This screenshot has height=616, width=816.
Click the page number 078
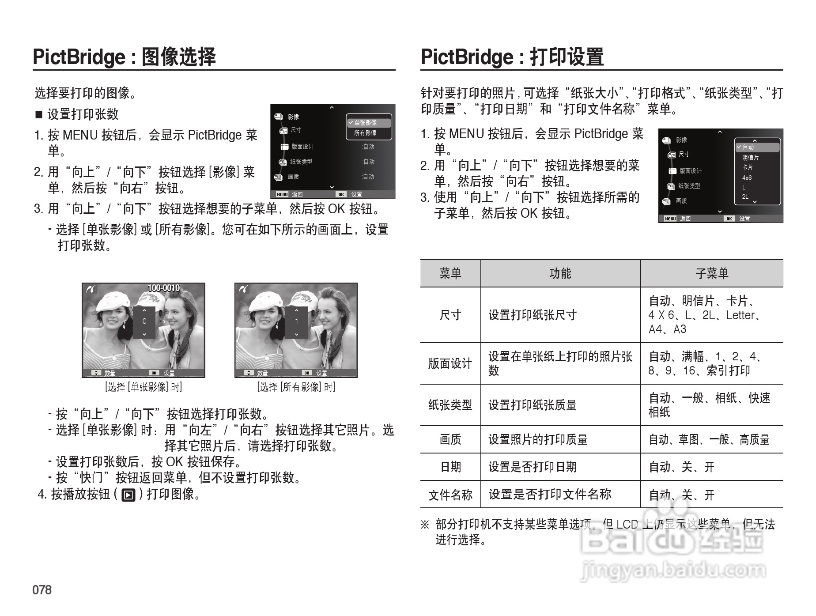(x=42, y=590)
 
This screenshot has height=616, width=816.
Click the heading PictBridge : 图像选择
(x=124, y=57)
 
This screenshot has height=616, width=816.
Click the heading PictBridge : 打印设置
(x=512, y=57)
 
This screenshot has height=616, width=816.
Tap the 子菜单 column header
(x=711, y=273)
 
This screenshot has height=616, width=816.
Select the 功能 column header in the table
(x=560, y=273)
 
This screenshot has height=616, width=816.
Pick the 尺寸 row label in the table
(x=450, y=315)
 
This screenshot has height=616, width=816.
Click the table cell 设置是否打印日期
(x=532, y=467)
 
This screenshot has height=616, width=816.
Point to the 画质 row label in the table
(x=450, y=439)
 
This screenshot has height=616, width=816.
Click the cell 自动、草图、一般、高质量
(x=709, y=439)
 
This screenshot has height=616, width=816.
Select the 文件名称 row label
(x=450, y=495)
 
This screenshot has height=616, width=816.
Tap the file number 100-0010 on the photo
(x=163, y=288)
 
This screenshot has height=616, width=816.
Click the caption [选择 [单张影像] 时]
(x=144, y=387)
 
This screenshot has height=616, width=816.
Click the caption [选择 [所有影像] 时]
(x=296, y=387)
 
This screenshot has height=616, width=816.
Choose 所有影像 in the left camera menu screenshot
(x=365, y=133)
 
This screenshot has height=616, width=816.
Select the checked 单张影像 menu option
(x=365, y=123)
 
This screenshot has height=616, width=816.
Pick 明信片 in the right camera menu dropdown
(x=750, y=158)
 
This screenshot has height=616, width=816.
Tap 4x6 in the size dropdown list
(x=747, y=178)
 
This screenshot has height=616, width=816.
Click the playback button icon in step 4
(x=128, y=495)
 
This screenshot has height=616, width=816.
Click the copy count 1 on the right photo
(x=296, y=321)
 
